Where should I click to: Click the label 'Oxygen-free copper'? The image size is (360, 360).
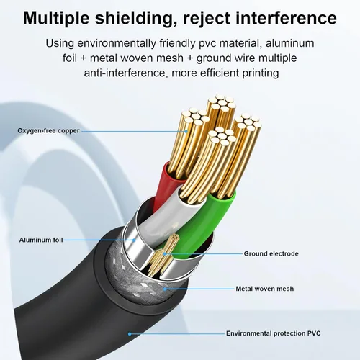(x=48, y=131)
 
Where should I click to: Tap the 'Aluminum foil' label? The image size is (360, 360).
(x=41, y=240)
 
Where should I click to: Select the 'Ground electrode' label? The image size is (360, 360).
(x=271, y=253)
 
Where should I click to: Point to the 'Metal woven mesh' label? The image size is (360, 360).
(x=265, y=289)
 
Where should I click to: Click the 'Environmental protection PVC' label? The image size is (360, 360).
(x=274, y=333)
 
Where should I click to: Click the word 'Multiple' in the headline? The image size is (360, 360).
(x=56, y=18)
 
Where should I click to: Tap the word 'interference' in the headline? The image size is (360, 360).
(x=287, y=18)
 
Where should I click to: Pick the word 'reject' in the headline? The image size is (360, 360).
(x=207, y=19)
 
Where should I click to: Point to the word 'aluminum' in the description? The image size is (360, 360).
(x=290, y=43)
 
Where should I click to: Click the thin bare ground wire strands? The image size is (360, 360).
(x=163, y=256)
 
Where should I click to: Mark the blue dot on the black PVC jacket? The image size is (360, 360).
(x=130, y=334)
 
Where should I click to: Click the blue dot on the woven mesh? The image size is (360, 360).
(x=165, y=289)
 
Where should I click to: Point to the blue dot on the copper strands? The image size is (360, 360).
(x=186, y=131)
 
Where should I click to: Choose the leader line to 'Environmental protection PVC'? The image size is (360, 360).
(x=177, y=333)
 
